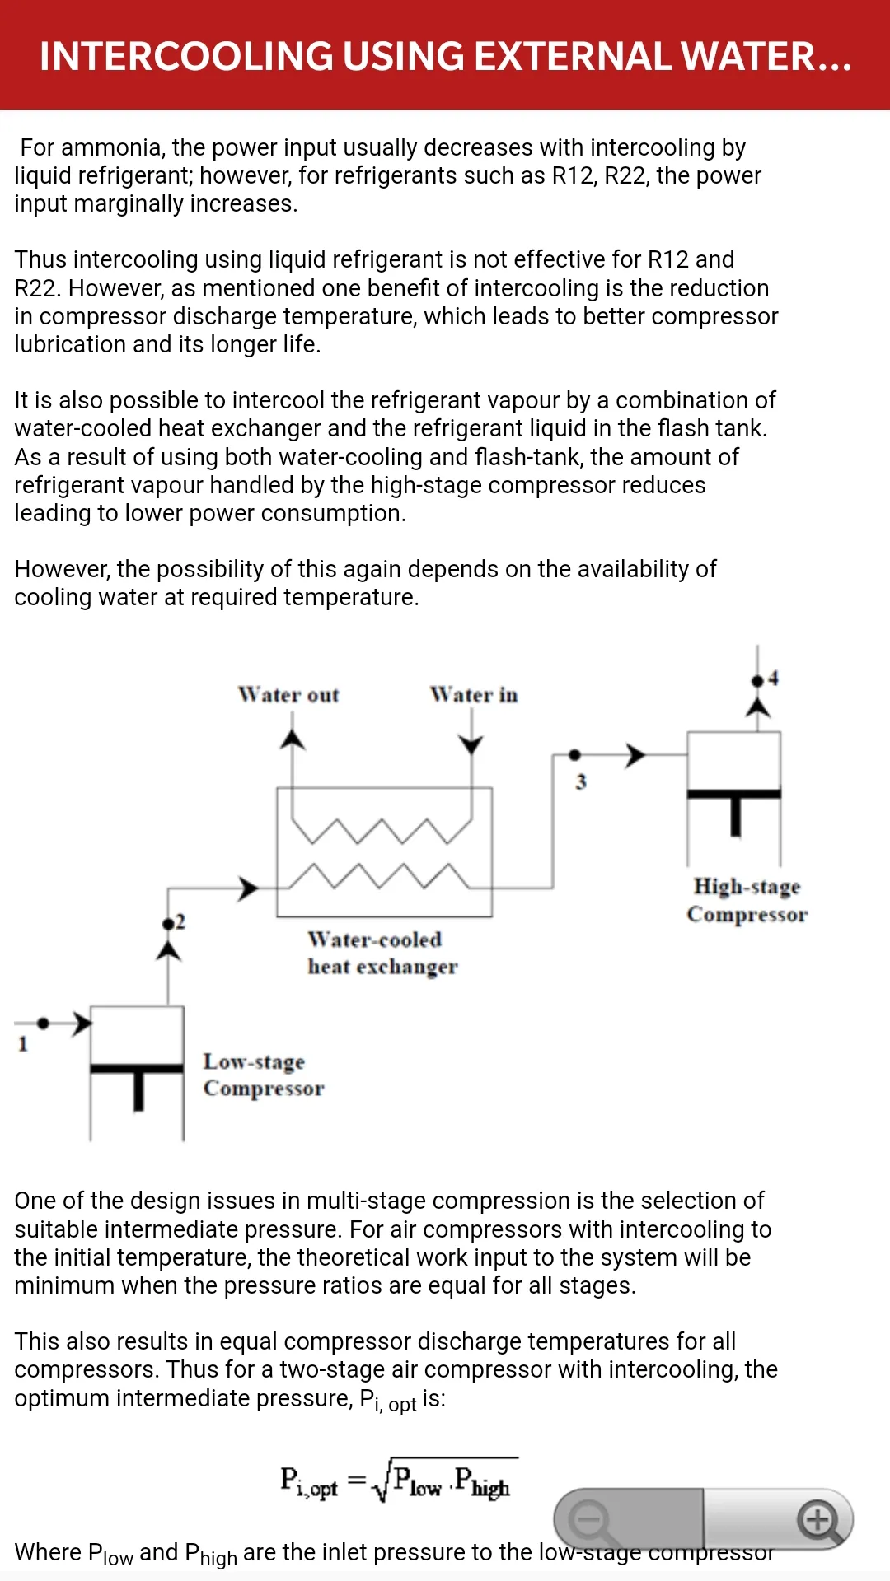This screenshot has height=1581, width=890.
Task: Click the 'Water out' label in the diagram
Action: coord(288,695)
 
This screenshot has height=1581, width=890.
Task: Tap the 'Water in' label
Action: coord(474,695)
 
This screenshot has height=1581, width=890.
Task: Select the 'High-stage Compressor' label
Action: coord(747,900)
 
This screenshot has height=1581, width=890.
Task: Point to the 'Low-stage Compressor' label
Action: coord(264,1075)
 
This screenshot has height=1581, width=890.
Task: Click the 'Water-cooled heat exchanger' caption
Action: coord(382,953)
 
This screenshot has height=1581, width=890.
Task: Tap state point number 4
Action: coord(773,678)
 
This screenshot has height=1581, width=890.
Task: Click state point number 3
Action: coord(581,781)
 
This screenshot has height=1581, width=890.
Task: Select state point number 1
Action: coord(23,1044)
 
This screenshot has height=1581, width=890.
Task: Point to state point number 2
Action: coord(180,921)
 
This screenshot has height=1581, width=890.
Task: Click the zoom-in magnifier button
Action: coord(818,1520)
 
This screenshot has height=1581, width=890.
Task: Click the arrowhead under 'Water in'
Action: coord(471,744)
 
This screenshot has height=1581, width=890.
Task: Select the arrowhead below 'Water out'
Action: coord(292,739)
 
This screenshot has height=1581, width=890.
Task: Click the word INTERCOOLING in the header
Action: coord(187,56)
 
